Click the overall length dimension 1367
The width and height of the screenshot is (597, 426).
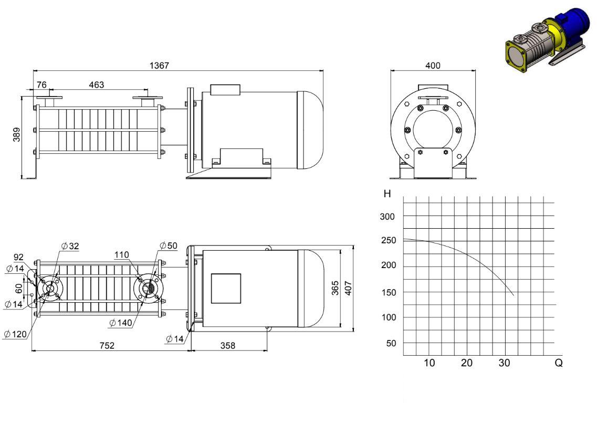pos(159,66)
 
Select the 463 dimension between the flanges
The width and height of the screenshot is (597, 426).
pos(96,85)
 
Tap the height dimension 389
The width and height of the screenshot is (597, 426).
pos(17,135)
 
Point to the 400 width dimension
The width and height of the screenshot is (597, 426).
pos(433,66)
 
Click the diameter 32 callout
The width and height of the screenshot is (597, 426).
pos(70,246)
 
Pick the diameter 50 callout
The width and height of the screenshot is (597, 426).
pos(169,246)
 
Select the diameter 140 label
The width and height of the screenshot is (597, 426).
pos(121,323)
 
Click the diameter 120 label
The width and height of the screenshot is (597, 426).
pos(16,334)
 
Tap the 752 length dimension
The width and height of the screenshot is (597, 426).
pos(107,345)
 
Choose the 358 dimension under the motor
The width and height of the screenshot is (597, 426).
pos(228,345)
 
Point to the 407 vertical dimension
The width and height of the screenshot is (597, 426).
pos(348,288)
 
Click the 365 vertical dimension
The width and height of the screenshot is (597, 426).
pos(335,288)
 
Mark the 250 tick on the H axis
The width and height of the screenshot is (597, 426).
pos(389,240)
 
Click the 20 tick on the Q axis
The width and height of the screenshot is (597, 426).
pos(466,363)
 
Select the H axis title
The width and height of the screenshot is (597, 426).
pos(387,194)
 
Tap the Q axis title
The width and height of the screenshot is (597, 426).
pos(559,363)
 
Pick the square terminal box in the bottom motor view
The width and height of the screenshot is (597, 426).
pos(226,289)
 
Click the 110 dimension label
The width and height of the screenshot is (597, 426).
pos(121,255)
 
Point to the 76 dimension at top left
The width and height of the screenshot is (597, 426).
pos(41,85)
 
